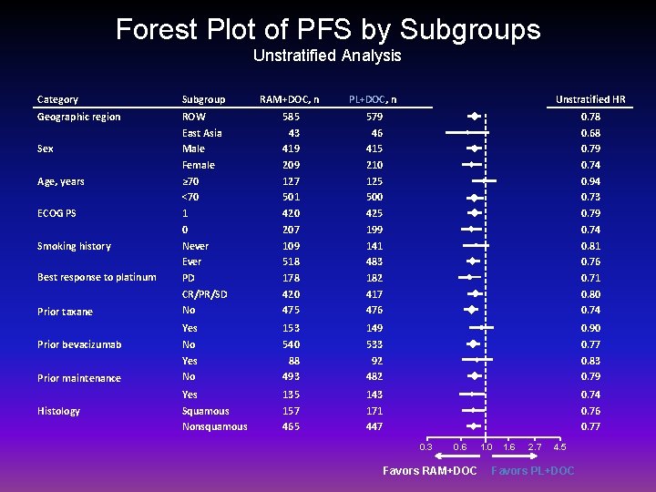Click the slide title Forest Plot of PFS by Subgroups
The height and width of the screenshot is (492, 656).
(x=328, y=29)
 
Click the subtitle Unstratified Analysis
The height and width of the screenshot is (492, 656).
(x=327, y=56)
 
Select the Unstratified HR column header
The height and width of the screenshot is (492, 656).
(x=590, y=99)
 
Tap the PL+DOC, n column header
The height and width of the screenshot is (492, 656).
(x=372, y=99)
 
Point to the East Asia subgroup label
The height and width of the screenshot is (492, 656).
(x=202, y=133)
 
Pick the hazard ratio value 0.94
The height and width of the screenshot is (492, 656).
(x=590, y=181)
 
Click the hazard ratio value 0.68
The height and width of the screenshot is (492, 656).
(x=590, y=133)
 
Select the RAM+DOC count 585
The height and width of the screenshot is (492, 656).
(x=291, y=117)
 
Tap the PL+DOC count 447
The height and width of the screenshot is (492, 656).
(x=374, y=426)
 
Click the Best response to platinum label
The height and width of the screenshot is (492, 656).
(x=97, y=277)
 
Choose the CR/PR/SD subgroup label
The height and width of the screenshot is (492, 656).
(x=205, y=294)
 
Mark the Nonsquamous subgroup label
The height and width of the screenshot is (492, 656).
(x=214, y=426)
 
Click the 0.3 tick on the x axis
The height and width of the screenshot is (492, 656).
(x=425, y=446)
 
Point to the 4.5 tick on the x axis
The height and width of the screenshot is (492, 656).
(x=559, y=446)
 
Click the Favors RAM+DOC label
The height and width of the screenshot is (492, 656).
(x=429, y=470)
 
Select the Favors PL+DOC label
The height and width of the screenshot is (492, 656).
(x=533, y=470)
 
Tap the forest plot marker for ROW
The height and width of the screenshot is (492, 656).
(x=474, y=117)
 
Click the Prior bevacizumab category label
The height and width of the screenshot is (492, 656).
(x=79, y=344)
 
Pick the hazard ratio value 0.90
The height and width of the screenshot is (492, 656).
(x=590, y=328)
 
